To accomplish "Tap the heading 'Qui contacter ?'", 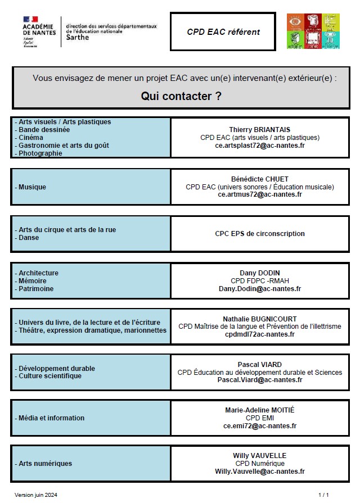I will coord(181,96).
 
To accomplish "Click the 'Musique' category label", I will coord(32,187).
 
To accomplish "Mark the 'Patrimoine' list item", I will coord(35,289).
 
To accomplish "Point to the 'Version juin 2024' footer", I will coord(36,495).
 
